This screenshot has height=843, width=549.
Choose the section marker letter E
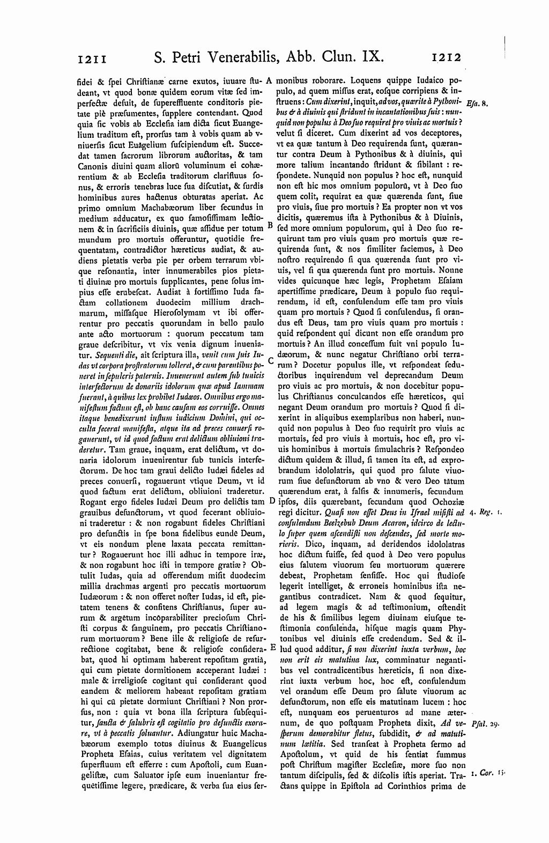point(272,647)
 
